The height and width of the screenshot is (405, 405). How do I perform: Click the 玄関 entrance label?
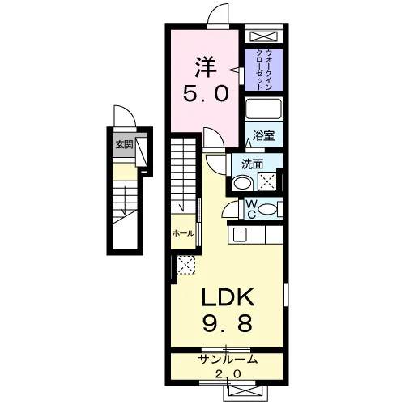tap(125, 145)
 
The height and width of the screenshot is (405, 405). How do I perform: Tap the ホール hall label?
tap(183, 233)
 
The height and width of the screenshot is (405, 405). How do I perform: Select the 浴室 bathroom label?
tap(263, 135)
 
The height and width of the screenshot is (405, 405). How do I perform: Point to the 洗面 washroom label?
tap(252, 164)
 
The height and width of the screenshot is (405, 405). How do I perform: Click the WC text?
tap(251, 209)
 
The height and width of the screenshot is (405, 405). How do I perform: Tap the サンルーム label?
tap(227, 360)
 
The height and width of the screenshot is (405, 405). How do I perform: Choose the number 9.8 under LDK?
tap(227, 323)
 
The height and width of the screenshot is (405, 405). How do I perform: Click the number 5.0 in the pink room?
tap(206, 93)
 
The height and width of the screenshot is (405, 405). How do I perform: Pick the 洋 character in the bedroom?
tap(206, 67)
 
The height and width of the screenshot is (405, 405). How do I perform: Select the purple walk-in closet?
tap(263, 70)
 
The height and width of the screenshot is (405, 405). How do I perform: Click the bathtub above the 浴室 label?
tap(263, 109)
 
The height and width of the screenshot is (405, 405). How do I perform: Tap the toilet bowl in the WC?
tap(267, 209)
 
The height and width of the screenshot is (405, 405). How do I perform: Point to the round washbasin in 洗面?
tap(242, 183)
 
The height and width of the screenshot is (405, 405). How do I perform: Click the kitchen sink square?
tap(240, 235)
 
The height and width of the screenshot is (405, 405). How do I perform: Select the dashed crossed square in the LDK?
tap(186, 265)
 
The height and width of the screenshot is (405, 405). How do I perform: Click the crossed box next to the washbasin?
tap(267, 181)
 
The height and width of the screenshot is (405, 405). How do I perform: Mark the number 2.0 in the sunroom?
tap(228, 374)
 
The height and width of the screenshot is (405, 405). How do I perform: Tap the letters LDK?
tap(228, 296)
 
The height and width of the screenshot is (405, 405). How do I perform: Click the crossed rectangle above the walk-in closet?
tap(263, 36)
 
